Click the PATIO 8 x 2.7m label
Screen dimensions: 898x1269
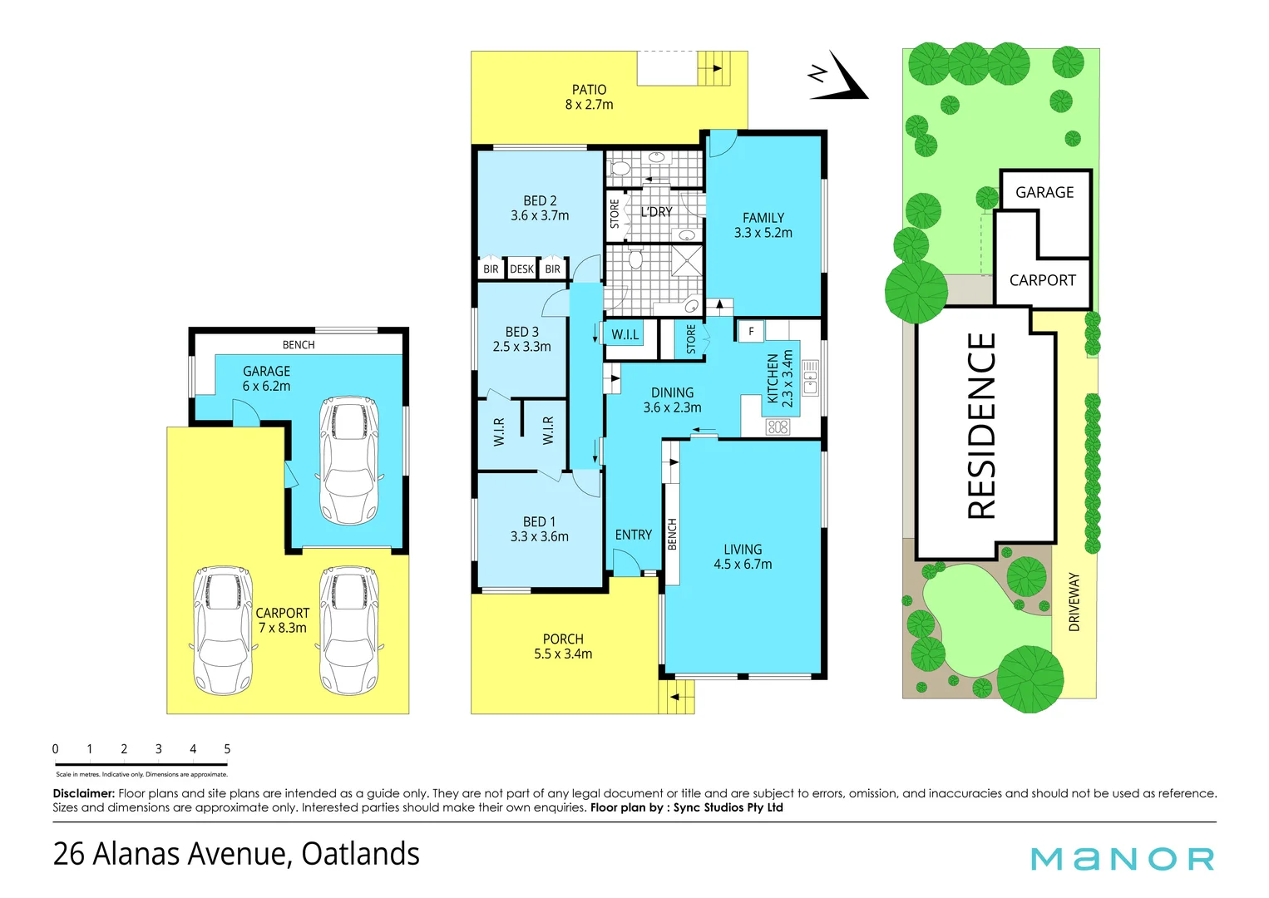pos(589,97)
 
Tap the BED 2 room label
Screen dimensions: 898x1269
pos(540,208)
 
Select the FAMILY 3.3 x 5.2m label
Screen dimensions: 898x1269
pos(763,225)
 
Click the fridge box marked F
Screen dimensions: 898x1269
pos(751,332)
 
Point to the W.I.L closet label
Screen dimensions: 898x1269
pos(625,335)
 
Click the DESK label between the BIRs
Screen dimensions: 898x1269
pos(521,269)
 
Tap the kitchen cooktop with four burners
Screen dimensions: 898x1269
pos(778,427)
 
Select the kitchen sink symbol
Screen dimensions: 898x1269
pos(810,377)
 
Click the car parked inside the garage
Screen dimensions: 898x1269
pos(349,459)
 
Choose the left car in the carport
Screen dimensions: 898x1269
pos(222,630)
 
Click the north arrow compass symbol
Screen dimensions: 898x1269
pos(840,77)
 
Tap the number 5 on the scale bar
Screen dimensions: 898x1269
pos(227,749)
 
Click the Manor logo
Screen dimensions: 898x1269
pos(1122,859)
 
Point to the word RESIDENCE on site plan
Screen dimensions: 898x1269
pos(982,426)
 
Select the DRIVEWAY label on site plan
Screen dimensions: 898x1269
pos(1074,601)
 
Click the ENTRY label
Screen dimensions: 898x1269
pos(633,535)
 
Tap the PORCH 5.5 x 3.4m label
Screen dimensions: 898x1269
pos(563,647)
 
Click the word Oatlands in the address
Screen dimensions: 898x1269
pos(360,855)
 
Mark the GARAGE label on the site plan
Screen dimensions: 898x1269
pos(1044,193)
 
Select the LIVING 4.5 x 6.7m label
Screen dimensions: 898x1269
pos(743,557)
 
